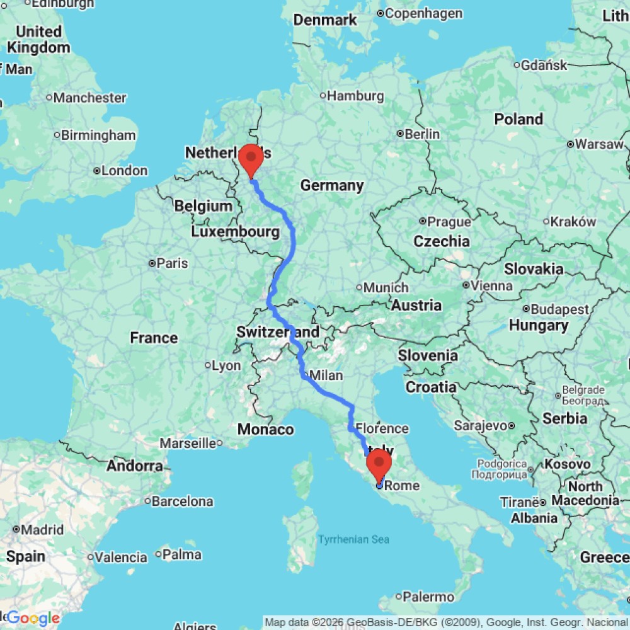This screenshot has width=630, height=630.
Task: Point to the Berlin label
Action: pyautogui.click(x=422, y=134)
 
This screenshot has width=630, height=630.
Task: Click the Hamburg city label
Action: pyautogui.click(x=356, y=96)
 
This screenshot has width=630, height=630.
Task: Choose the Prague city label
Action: pyautogui.click(x=449, y=222)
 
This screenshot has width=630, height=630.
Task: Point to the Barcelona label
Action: pyautogui.click(x=183, y=501)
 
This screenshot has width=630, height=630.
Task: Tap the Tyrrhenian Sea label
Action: pyautogui.click(x=353, y=539)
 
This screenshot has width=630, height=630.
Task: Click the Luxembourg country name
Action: pyautogui.click(x=236, y=232)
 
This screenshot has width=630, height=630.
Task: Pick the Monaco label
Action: pyautogui.click(x=265, y=430)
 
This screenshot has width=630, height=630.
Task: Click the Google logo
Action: pyautogui.click(x=33, y=619)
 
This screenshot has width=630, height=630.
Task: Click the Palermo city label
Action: pyautogui.click(x=428, y=596)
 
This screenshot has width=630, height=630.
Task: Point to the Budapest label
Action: pyautogui.click(x=559, y=309)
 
